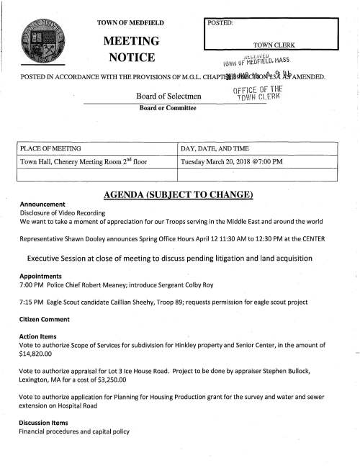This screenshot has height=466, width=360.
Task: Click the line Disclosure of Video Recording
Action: [x=63, y=213]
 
